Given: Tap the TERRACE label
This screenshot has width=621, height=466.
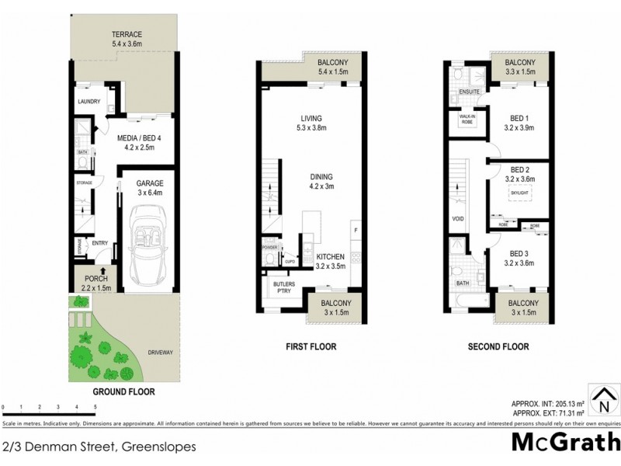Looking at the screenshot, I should coord(126,36).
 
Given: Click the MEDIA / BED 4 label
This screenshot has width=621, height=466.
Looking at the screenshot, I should coord(136,140).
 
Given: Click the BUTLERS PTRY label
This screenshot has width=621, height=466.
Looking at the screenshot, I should coord(281,289).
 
